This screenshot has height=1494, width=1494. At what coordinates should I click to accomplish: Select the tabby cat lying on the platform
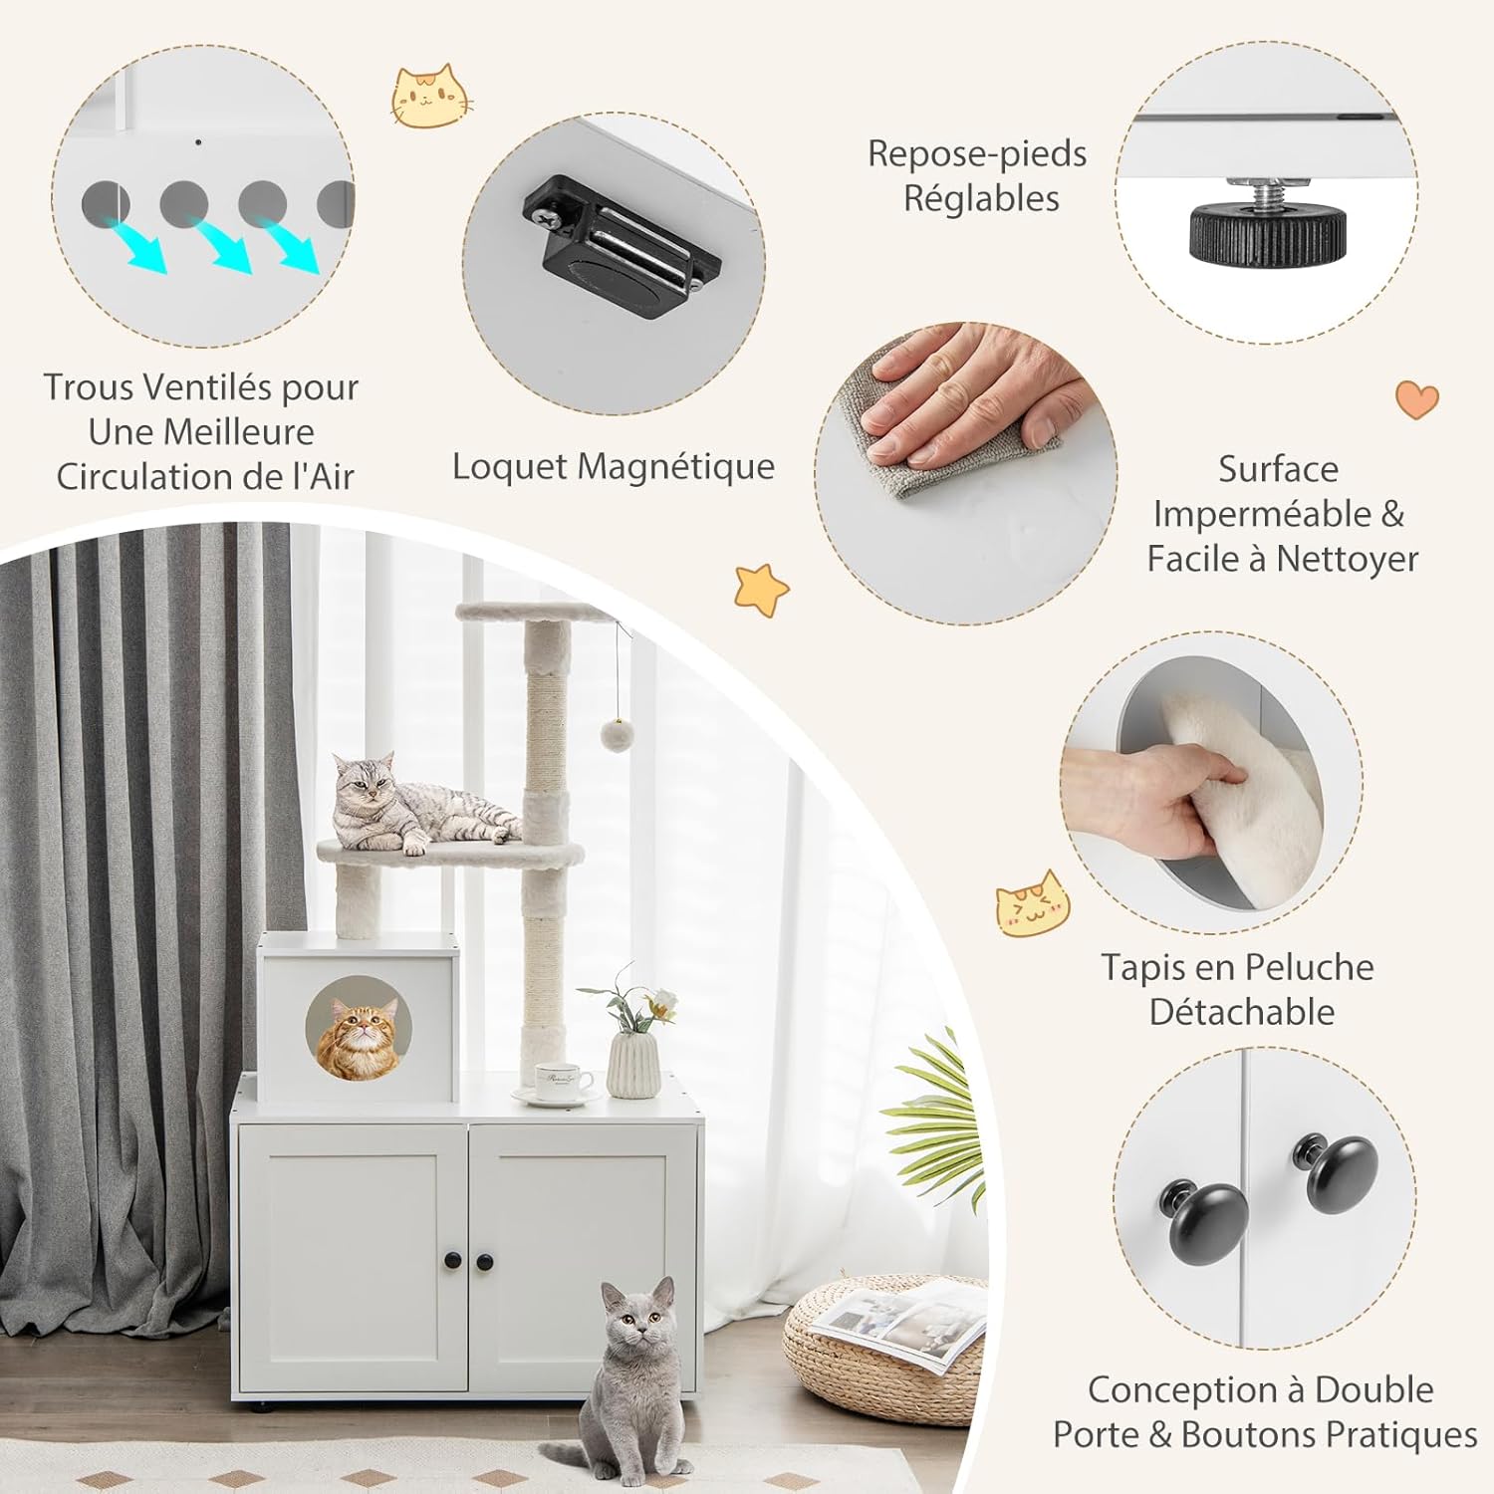pyautogui.click(x=418, y=805)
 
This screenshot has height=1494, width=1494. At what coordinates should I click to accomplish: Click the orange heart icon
pyautogui.click(x=1416, y=399)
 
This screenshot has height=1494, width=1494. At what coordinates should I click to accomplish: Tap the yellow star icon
pyautogui.click(x=761, y=589)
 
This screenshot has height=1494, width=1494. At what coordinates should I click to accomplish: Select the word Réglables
pyautogui.click(x=981, y=199)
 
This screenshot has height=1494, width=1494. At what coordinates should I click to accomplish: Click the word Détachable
pyautogui.click(x=1241, y=1012)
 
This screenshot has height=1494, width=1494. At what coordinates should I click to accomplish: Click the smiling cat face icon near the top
pyautogui.click(x=429, y=96)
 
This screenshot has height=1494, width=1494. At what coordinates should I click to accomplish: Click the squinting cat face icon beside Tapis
pyautogui.click(x=1032, y=903)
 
